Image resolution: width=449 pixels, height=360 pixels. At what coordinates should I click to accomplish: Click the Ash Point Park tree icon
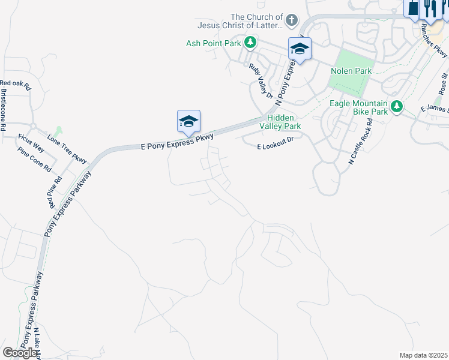250,43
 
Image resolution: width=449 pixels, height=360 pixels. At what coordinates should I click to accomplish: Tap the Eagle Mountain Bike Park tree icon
396,107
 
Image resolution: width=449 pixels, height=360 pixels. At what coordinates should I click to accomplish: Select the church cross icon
291,20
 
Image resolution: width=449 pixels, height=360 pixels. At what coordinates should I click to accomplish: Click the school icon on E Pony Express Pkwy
188,122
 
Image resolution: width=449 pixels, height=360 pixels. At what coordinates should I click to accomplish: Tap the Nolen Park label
351,71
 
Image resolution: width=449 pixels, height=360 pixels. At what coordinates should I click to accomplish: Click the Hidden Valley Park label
280,122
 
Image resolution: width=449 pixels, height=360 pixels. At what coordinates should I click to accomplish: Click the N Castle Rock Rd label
361,142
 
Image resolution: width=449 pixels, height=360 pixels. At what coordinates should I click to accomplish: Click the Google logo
20,353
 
